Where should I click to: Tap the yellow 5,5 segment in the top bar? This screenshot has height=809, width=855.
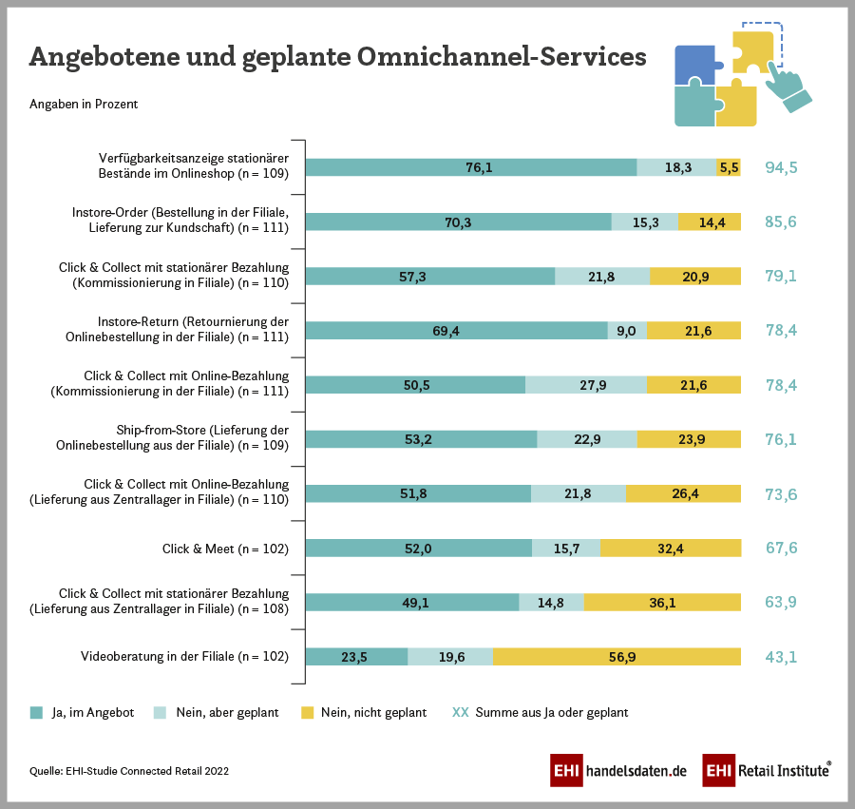pos(729,167)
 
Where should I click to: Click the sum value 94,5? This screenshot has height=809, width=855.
pos(781,167)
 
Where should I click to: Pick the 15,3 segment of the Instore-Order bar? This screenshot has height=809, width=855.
pos(645,222)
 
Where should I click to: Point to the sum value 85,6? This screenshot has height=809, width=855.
pos(781,222)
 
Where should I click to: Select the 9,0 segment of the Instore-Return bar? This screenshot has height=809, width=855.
pos(628,331)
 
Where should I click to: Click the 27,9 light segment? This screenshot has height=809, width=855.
pos(586,385)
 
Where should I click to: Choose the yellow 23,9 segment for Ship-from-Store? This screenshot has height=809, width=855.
pos(689,439)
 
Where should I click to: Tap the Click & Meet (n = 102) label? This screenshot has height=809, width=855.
pos(225,549)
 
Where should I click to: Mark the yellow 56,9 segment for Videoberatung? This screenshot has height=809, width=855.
pos(617,657)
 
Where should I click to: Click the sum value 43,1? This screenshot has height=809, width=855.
pos(781,657)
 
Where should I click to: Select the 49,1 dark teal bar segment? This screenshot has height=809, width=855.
pos(412,603)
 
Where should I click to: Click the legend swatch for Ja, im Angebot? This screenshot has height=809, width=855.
pos(37,712)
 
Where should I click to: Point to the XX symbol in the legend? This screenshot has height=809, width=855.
pos(461,712)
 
